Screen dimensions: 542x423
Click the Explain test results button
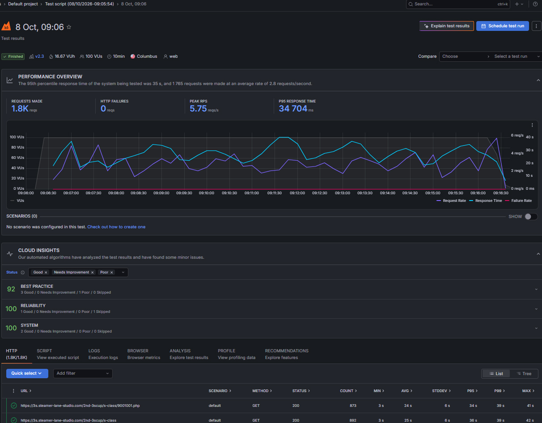pyautogui.click(x=446, y=26)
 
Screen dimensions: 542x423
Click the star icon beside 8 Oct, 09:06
pyautogui.click(x=69, y=27)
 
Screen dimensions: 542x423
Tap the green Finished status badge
pyautogui.click(x=13, y=56)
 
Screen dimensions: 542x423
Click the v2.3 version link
pyautogui.click(x=39, y=56)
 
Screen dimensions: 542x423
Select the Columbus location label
pyautogui.click(x=147, y=56)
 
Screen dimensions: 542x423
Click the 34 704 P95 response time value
pyautogui.click(x=293, y=109)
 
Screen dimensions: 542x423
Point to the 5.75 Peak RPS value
pyautogui.click(x=198, y=109)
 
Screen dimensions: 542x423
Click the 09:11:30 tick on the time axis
pyautogui.click(x=275, y=193)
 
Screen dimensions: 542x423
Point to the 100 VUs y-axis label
pyautogui.click(x=17, y=137)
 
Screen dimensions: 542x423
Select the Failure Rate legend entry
pyautogui.click(x=519, y=201)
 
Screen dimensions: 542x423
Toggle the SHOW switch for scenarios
pyautogui.click(x=530, y=217)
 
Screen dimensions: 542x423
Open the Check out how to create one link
pyautogui.click(x=116, y=227)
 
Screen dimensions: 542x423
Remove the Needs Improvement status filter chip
pyautogui.click(x=92, y=272)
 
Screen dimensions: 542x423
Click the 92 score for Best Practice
pyautogui.click(x=11, y=289)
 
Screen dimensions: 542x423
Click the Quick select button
pyautogui.click(x=27, y=373)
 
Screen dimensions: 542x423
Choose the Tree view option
pyautogui.click(x=524, y=374)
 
